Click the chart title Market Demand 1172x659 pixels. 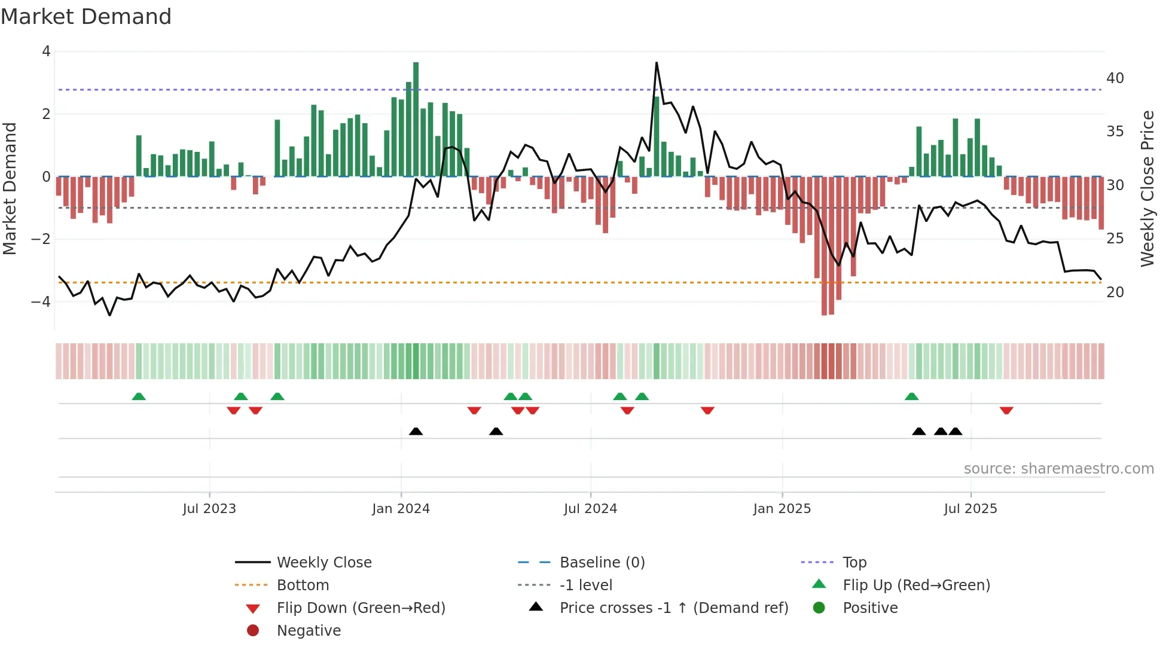(x=86, y=17)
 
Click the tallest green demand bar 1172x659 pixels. (x=416, y=119)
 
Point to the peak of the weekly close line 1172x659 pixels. (x=656, y=63)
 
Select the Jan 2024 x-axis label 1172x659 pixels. (x=401, y=509)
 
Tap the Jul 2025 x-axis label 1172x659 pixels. (x=970, y=509)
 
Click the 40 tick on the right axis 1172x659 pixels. (x=1115, y=78)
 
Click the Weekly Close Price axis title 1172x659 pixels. (x=1147, y=188)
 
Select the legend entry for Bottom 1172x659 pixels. (x=303, y=585)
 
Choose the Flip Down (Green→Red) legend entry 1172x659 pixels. (x=361, y=608)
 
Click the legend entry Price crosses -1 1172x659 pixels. (x=673, y=608)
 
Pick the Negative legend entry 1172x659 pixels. (x=309, y=630)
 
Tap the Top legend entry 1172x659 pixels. (x=854, y=562)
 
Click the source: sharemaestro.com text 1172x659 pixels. (x=1058, y=468)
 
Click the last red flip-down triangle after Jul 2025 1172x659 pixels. (x=1006, y=410)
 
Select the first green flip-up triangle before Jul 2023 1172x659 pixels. (x=139, y=396)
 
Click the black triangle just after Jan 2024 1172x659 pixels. (x=416, y=431)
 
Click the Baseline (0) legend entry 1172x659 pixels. (x=602, y=562)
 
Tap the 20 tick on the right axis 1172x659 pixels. (x=1115, y=292)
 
